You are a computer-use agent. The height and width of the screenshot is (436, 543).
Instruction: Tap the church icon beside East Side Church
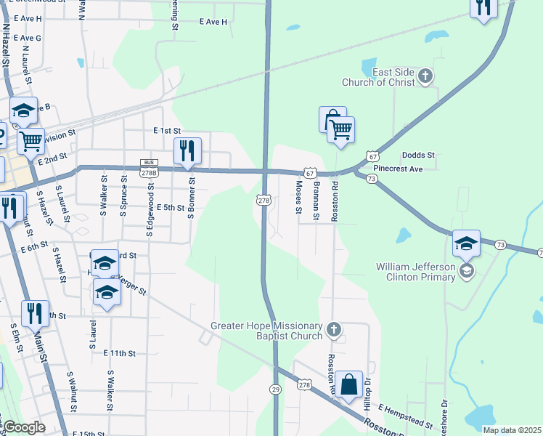[x=426, y=75]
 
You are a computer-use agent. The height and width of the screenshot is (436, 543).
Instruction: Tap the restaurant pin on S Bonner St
[x=188, y=150]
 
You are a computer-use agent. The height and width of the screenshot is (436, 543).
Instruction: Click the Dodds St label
[x=418, y=156]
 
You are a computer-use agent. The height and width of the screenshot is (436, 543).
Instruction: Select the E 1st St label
[x=166, y=130]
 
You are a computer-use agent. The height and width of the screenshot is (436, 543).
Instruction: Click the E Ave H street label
[x=213, y=22]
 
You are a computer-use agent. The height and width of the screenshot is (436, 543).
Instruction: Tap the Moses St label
[x=298, y=198]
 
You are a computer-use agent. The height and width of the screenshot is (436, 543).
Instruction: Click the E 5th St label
[x=171, y=207]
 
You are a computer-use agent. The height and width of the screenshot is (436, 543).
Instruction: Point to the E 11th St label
[x=119, y=353]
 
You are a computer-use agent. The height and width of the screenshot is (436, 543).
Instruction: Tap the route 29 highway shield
[x=276, y=389]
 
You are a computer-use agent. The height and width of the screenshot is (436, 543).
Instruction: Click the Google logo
[x=23, y=427]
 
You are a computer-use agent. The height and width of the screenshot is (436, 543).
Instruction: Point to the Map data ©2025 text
[x=512, y=430]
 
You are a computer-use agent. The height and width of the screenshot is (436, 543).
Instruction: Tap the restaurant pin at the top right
[x=483, y=7]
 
